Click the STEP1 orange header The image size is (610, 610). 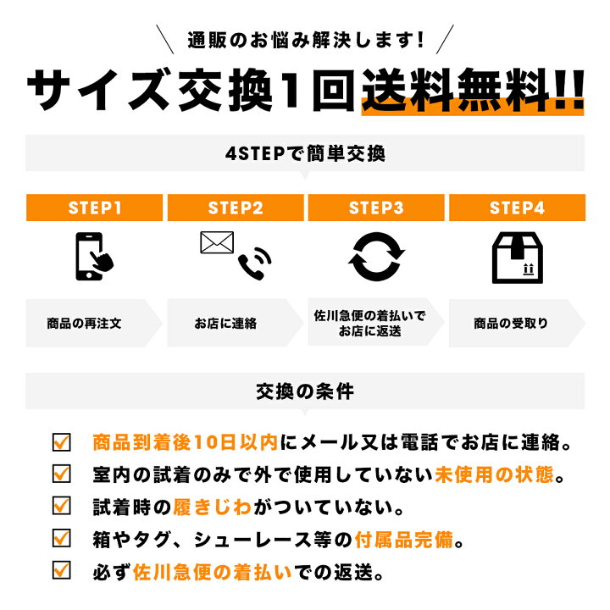pyautogui.click(x=94, y=208)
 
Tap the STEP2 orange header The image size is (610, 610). pyautogui.click(x=236, y=208)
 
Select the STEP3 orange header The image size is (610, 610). pyautogui.click(x=376, y=208)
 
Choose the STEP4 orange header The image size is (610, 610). pyautogui.click(x=517, y=208)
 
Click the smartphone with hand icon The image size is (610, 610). pyautogui.click(x=93, y=257)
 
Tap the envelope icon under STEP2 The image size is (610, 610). pyautogui.click(x=217, y=242)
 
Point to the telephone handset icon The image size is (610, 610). pyautogui.click(x=254, y=263)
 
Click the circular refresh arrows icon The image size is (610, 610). pyautogui.click(x=376, y=257)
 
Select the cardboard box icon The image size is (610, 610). pyautogui.click(x=517, y=258)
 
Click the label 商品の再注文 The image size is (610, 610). pyautogui.click(x=84, y=324)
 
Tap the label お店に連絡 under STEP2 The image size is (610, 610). pyautogui.click(x=225, y=324)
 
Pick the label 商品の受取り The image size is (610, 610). pyautogui.click(x=510, y=324)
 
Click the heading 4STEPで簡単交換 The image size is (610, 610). pyautogui.click(x=305, y=153)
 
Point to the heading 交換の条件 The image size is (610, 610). pyautogui.click(x=305, y=391)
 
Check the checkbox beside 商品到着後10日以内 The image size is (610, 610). pyautogui.click(x=62, y=442)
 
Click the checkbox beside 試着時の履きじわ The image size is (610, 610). pyautogui.click(x=62, y=506)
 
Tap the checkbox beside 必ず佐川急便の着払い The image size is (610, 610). pyautogui.click(x=62, y=570)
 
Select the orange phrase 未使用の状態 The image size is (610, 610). pyautogui.click(x=494, y=474)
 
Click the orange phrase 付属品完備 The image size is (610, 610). pyautogui.click(x=404, y=540)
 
